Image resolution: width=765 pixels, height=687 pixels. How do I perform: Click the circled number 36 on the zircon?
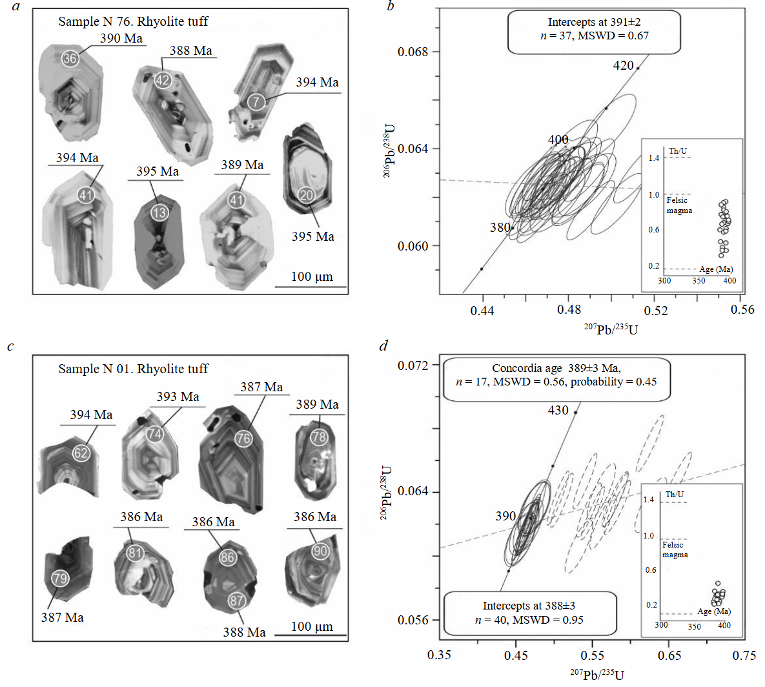pos(70,58)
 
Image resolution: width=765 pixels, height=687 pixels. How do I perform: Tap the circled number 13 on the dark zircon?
pos(159,212)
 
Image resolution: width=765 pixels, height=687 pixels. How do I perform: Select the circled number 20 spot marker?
pos(306,195)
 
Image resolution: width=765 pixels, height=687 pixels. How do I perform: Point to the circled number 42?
pos(162,80)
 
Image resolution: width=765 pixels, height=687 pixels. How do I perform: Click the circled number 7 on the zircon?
pos(256,101)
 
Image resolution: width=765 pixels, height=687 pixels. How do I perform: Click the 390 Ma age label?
pos(121,38)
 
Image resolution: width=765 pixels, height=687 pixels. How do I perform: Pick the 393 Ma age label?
pos(178,396)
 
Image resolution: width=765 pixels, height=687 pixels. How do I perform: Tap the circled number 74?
pos(154,434)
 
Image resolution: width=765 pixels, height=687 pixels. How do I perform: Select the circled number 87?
pos(237,600)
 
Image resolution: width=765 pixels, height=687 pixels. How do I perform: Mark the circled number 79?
pos(60,578)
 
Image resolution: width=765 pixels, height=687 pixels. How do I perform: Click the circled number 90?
pos(320,551)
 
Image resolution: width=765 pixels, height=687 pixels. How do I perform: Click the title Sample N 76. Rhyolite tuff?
pos(133,21)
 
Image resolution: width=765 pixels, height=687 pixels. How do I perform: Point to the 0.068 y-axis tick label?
pos(413,52)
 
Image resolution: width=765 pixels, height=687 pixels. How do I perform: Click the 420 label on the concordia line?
pos(623,65)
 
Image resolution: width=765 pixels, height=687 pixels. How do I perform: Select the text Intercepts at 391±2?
pos(594,23)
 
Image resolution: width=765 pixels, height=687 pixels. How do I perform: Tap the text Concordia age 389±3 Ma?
pos(556,368)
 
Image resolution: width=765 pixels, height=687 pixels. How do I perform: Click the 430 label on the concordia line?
pos(558,410)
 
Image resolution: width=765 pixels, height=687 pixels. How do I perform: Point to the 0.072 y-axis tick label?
pos(413,365)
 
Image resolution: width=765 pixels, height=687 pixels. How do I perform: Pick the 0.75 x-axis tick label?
pos(744,655)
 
